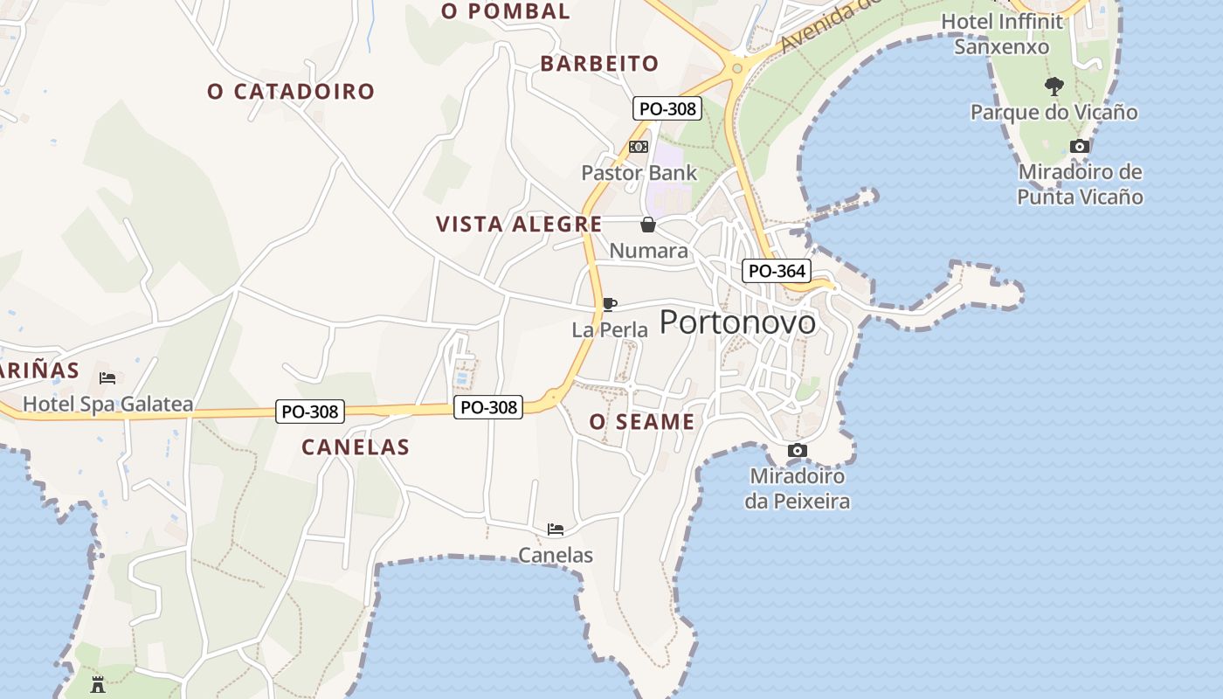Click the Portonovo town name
[737, 322]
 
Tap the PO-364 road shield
[777, 271]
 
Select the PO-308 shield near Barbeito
[667, 108]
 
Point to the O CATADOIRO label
[291, 92]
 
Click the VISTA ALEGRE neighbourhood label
[519, 225]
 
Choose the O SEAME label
[642, 422]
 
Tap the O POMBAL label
[506, 11]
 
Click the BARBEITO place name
[599, 64]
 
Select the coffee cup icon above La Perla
[610, 304]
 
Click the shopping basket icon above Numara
[648, 225]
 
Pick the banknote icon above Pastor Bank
[639, 147]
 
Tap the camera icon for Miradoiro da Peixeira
[797, 450]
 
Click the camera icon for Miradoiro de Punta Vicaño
[1080, 146]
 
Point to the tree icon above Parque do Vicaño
[1054, 86]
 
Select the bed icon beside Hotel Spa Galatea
[107, 378]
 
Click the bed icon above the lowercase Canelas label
[556, 529]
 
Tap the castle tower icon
[98, 685]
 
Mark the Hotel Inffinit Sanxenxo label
[1002, 33]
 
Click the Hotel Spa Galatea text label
[107, 405]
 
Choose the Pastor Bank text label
[639, 173]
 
